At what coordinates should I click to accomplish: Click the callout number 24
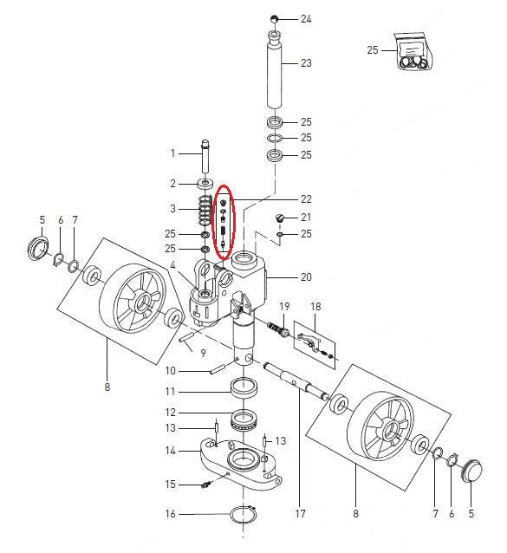click(304, 18)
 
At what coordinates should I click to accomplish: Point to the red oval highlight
click(224, 222)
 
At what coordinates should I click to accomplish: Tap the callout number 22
click(305, 198)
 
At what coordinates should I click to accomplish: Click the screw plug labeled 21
click(279, 218)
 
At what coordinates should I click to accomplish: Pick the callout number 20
click(305, 277)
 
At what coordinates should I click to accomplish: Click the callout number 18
click(315, 307)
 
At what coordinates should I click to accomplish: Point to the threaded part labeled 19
click(280, 329)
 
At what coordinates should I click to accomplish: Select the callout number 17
click(301, 513)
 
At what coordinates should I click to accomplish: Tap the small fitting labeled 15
click(207, 485)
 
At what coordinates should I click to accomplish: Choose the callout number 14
click(171, 451)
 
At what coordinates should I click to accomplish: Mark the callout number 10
click(171, 371)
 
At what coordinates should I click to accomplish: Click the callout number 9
click(202, 353)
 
